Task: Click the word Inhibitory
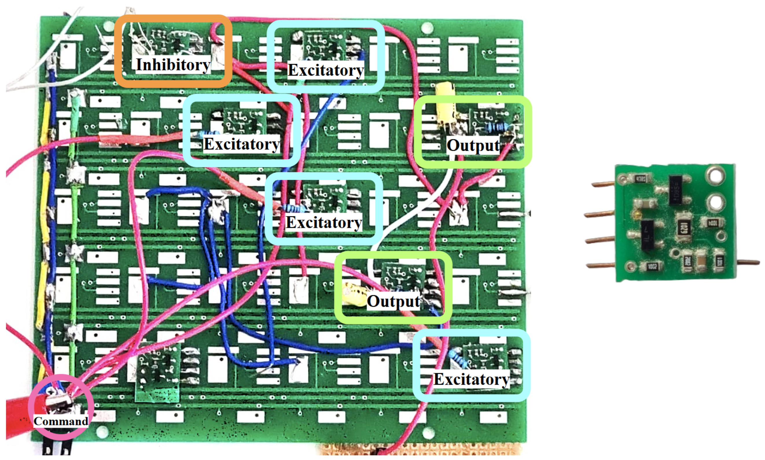[173, 65]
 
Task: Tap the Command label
[61, 421]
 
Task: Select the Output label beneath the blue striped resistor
[473, 145]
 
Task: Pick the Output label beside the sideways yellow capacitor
[393, 301]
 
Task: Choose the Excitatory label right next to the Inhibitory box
[325, 70]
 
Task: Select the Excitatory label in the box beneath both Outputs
[471, 379]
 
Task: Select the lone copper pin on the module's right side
[748, 263]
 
